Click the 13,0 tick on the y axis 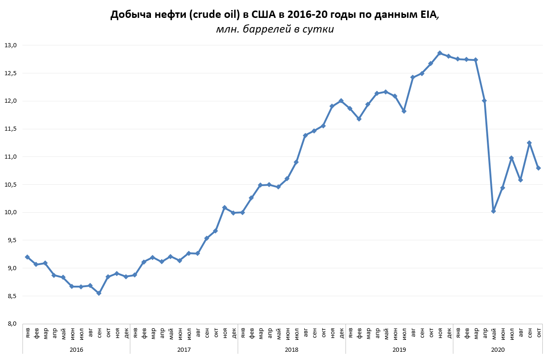[x=11, y=45]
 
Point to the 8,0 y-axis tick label [x=11, y=324]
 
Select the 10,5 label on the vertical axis [x=11, y=185]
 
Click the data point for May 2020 [x=493, y=211]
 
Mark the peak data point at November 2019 [x=440, y=53]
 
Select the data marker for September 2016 [x=99, y=293]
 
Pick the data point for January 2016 [x=27, y=257]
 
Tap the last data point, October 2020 [x=538, y=168]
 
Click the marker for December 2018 [x=341, y=101]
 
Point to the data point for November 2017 [x=224, y=208]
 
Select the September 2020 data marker [x=529, y=143]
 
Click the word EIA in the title [x=429, y=15]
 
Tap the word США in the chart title [x=266, y=15]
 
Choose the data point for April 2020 [x=484, y=101]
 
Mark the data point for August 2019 [x=413, y=78]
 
